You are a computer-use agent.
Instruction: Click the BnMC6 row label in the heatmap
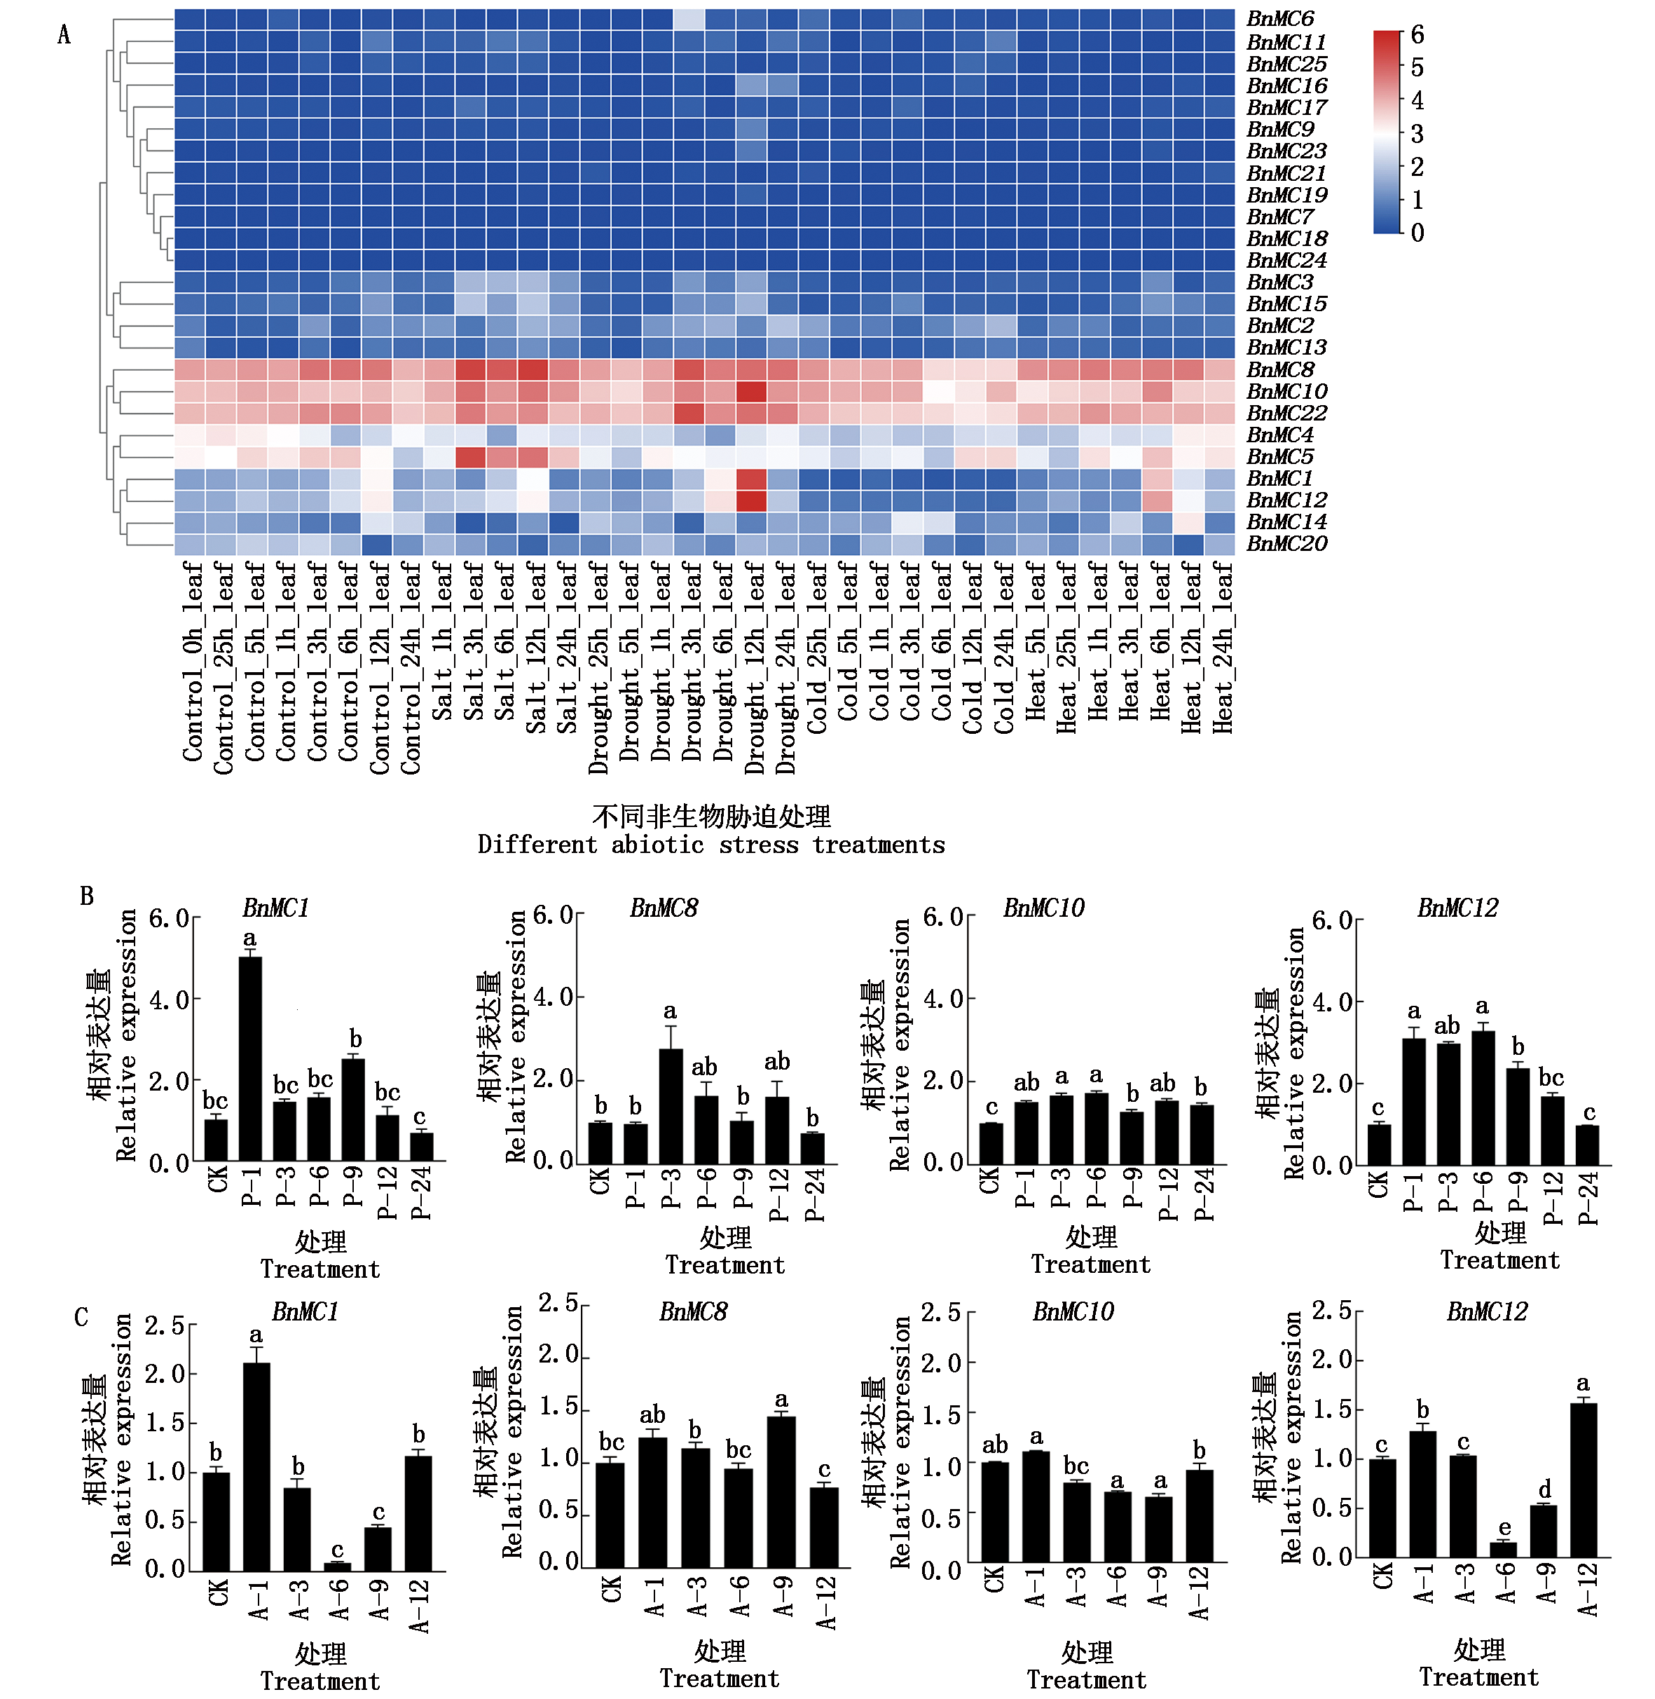tap(1279, 19)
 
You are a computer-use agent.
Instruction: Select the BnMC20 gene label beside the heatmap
tap(1286, 545)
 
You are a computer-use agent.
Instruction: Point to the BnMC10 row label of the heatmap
tap(1286, 392)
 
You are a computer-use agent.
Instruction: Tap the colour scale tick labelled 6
tap(1417, 35)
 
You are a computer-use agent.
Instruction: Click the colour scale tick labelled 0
tap(1417, 233)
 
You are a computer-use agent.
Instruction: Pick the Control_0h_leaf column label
tap(192, 662)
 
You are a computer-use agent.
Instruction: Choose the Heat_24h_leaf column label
tap(1222, 648)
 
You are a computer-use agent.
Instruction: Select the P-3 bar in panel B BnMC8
tap(670, 1106)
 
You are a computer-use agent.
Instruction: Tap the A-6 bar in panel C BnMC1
tap(338, 1566)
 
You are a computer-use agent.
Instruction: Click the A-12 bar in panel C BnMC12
tap(1583, 1479)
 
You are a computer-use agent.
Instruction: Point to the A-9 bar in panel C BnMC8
tap(781, 1492)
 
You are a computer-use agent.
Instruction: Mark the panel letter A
tap(64, 35)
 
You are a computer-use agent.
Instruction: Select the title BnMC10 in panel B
tap(1043, 908)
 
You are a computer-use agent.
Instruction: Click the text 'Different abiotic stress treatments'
tap(711, 845)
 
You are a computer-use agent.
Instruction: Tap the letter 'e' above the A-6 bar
tap(1504, 1528)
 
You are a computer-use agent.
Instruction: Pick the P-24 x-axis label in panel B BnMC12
tap(1588, 1197)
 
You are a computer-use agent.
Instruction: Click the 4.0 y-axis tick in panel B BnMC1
tap(169, 1000)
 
